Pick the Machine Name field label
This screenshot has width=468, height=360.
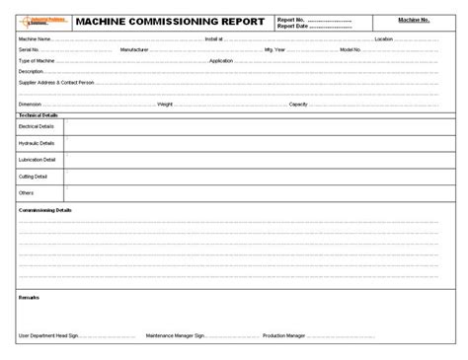[35, 39]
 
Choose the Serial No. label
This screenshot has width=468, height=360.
[29, 48]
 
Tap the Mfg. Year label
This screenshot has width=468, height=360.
[273, 48]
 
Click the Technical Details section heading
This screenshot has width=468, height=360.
[39, 114]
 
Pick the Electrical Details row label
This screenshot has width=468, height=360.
[38, 127]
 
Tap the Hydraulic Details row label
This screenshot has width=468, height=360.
[38, 143]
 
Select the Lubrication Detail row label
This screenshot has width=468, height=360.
[38, 159]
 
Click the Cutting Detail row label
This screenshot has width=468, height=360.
[34, 176]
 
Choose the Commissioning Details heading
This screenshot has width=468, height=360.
[45, 210]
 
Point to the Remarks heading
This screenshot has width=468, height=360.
[29, 295]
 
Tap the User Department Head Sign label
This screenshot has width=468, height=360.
[52, 335]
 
